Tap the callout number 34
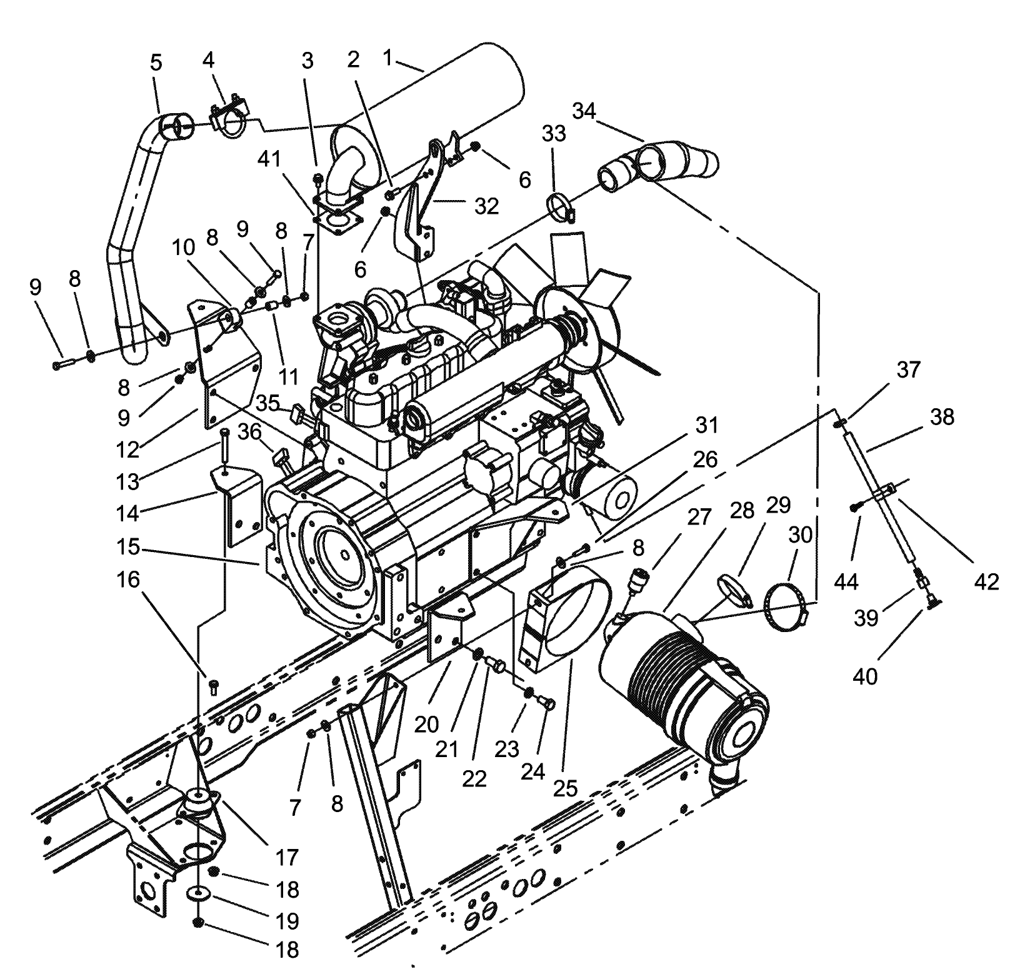click(x=584, y=113)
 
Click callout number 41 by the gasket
click(x=270, y=161)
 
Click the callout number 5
click(x=156, y=63)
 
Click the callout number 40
click(x=865, y=676)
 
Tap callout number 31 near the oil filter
click(x=706, y=426)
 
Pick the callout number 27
click(x=699, y=518)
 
